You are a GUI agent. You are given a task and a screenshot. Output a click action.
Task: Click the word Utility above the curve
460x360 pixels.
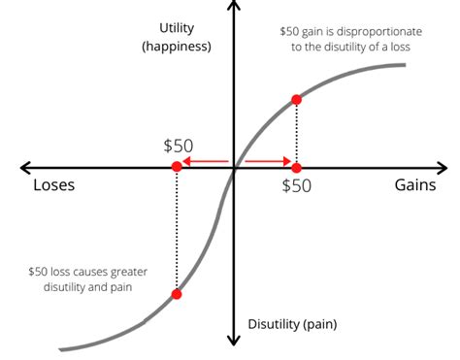pos(184,27)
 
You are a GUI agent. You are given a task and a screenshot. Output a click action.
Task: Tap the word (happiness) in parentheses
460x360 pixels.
pos(184,46)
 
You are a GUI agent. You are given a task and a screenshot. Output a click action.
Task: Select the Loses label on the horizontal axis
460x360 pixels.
pos(54,186)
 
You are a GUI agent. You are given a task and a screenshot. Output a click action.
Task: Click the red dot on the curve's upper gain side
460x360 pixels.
pos(296,99)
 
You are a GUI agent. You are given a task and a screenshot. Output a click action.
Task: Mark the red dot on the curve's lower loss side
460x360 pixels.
pos(177,294)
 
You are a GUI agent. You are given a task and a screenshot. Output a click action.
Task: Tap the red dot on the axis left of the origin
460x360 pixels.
pos(177,167)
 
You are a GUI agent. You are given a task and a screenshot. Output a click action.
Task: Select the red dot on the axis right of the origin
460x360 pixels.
pos(296,167)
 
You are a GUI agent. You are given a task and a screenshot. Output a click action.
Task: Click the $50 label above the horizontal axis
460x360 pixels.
pos(179,146)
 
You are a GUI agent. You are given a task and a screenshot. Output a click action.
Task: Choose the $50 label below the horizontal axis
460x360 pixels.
pos(297,186)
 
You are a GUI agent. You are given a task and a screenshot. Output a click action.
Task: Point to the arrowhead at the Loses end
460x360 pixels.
pos(26,167)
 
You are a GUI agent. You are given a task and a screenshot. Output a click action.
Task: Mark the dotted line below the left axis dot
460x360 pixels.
pos(177,233)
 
